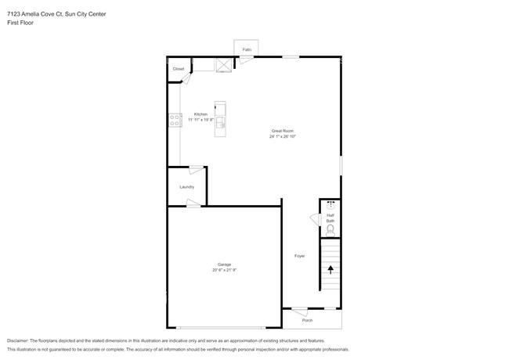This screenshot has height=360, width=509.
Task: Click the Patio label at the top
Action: [x=247, y=49]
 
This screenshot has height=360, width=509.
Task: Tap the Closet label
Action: [x=179, y=69]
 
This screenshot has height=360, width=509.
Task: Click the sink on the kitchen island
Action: [x=221, y=121]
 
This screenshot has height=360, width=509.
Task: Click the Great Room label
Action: [x=283, y=130]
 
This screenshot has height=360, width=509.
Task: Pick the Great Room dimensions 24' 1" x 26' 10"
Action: [x=283, y=136]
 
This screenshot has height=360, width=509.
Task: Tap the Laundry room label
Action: [x=186, y=187]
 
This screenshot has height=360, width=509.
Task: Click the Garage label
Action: [x=224, y=265]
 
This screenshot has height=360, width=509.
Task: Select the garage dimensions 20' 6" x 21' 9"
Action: [x=224, y=271]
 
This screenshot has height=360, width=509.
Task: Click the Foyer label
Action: [x=299, y=256]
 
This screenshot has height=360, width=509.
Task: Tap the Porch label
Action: [x=308, y=319]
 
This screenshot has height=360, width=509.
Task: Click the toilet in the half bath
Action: [x=330, y=231]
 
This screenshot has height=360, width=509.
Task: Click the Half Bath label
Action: [x=330, y=218]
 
